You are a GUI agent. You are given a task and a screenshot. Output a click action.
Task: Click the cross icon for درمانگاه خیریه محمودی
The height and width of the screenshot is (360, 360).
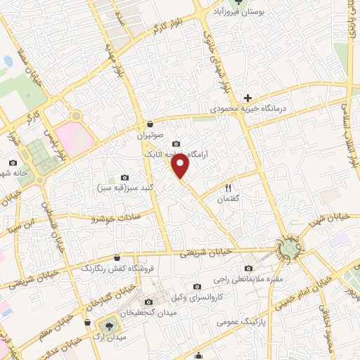[x=247, y=98]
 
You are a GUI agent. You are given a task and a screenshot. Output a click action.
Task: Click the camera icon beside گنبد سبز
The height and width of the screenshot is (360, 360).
[x=125, y=178]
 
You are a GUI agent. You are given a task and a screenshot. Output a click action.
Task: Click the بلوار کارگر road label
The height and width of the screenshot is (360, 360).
[x=159, y=27]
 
